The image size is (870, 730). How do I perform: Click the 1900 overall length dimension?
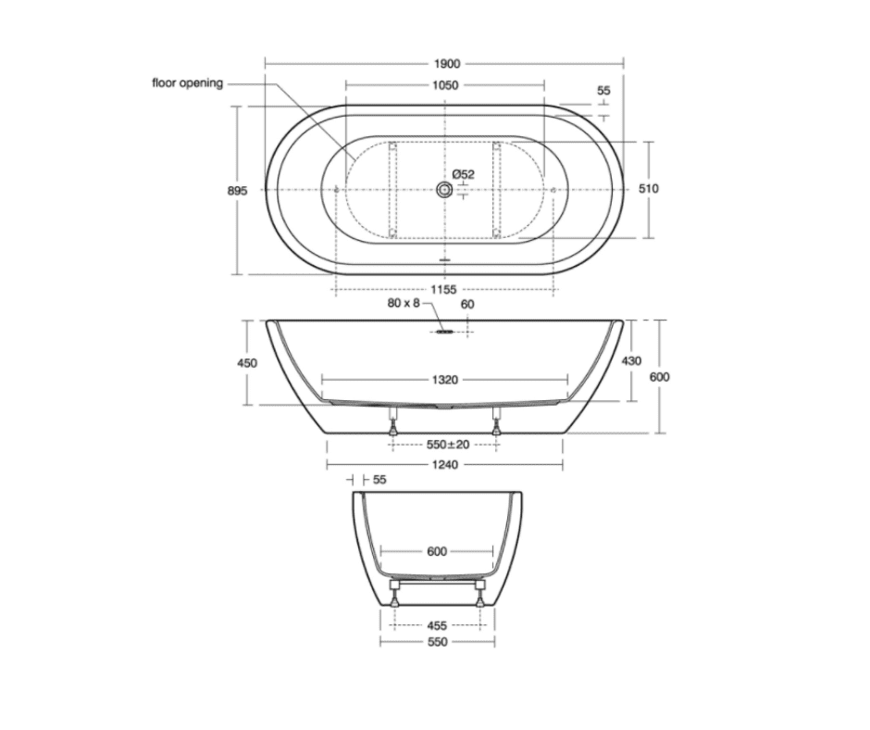(x=445, y=64)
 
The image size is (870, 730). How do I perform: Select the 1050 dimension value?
(x=445, y=85)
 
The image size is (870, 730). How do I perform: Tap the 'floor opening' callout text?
(x=188, y=83)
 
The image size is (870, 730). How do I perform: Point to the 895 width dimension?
(x=238, y=190)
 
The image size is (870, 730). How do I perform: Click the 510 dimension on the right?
(x=648, y=189)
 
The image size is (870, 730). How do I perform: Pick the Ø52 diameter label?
(x=464, y=174)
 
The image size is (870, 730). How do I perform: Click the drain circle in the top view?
(x=445, y=190)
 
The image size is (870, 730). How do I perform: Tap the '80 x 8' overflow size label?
(x=404, y=304)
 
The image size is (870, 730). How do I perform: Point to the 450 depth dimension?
(x=247, y=363)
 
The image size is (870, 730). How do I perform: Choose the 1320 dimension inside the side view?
(x=445, y=380)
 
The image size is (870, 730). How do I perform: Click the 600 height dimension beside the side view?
(x=659, y=377)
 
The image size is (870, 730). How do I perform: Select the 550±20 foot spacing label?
(x=445, y=445)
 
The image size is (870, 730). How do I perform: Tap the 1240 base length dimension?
(x=445, y=465)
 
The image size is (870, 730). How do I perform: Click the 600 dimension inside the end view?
(x=437, y=552)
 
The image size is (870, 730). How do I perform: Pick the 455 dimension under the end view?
(x=437, y=625)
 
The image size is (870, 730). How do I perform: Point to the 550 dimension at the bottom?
(x=437, y=642)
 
